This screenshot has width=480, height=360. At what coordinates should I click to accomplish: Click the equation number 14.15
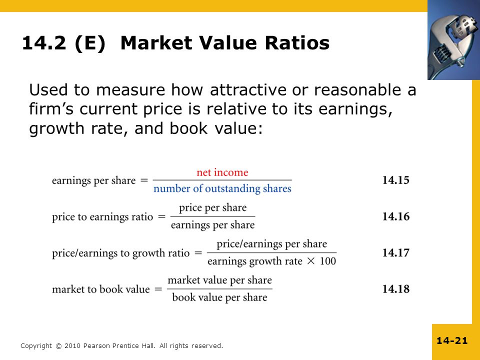point(395,180)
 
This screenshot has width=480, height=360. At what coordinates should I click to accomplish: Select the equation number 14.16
point(395,216)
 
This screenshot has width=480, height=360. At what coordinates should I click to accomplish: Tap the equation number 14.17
point(395,253)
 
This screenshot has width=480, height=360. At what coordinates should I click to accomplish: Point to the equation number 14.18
point(395,289)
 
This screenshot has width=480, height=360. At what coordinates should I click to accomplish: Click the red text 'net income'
point(222,172)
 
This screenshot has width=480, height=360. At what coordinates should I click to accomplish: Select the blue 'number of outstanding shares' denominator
point(222,189)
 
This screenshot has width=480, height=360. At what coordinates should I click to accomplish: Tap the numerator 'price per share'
point(212,207)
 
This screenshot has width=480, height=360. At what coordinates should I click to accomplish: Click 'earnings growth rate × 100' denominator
point(271,261)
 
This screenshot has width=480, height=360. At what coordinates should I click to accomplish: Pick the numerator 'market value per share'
point(219,280)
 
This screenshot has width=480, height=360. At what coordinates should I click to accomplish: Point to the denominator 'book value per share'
point(219,297)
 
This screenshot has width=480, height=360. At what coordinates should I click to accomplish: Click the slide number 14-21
point(451,341)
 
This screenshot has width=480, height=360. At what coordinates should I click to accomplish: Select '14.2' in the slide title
point(44,43)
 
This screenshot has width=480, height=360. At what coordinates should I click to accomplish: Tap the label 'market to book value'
point(100,289)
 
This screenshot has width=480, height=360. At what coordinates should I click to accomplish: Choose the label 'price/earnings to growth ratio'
point(120,253)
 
